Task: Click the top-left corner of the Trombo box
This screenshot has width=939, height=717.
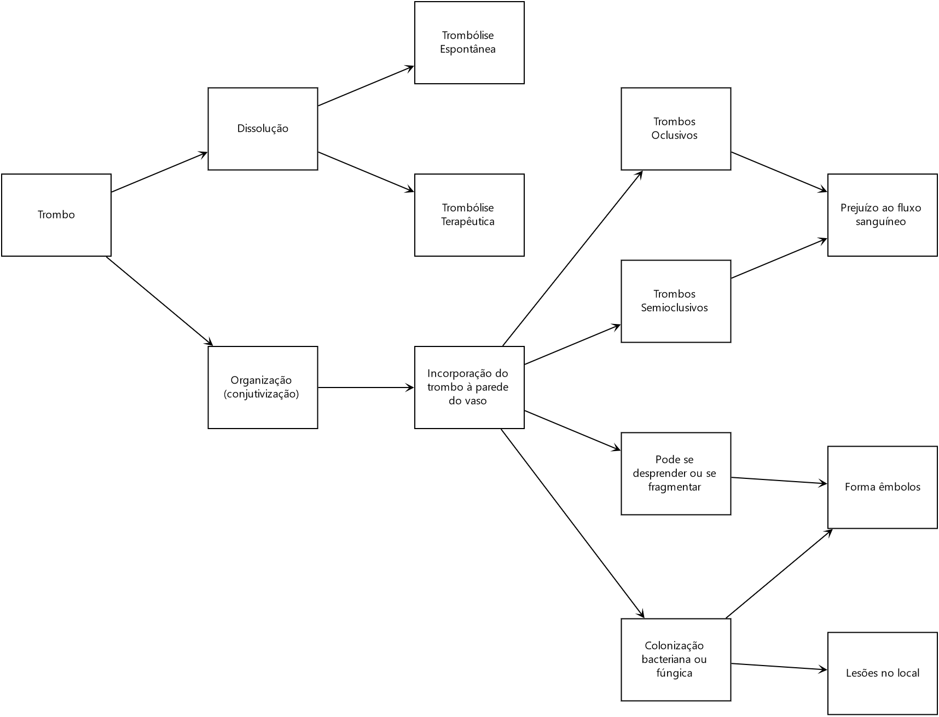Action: click(2, 174)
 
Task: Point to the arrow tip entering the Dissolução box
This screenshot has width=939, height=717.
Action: click(208, 152)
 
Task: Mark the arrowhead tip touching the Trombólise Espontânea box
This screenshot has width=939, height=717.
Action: click(414, 66)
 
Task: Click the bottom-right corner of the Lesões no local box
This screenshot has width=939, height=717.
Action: click(937, 714)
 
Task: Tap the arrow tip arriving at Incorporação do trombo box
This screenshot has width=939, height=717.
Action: click(414, 388)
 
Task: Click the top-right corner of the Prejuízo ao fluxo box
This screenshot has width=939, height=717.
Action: click(937, 174)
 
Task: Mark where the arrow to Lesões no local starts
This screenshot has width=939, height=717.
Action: click(731, 663)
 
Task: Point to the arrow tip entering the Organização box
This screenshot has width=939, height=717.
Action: click(213, 346)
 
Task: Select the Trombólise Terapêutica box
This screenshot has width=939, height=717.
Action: click(469, 215)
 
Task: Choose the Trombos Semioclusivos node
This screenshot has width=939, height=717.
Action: click(676, 301)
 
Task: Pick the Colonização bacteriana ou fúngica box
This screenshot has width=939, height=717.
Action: click(676, 660)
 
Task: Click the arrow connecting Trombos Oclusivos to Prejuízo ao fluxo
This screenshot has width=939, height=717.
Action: click(779, 172)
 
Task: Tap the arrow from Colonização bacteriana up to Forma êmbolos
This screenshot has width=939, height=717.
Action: click(779, 574)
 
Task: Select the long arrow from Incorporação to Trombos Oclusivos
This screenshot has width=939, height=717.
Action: click(572, 258)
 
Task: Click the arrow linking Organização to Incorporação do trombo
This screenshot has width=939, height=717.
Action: click(366, 388)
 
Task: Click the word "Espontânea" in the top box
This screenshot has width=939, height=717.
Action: click(468, 49)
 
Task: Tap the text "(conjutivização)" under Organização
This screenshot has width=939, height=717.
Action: click(262, 394)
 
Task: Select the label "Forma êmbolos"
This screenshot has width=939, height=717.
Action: click(883, 487)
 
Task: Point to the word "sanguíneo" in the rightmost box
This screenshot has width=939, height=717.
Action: click(881, 222)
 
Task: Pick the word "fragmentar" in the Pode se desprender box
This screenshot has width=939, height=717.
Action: click(674, 487)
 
